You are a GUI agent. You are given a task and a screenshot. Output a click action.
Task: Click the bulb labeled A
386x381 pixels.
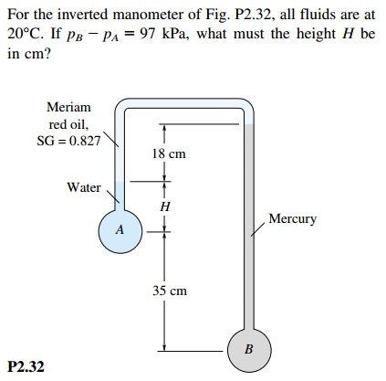[120, 230]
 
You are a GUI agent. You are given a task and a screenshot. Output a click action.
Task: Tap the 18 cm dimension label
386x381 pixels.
[169, 153]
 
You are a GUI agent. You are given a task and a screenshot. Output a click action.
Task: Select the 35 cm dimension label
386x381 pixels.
[169, 291]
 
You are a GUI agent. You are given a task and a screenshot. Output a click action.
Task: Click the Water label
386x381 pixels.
[84, 187]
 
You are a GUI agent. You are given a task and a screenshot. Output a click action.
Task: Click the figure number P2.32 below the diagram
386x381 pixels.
[25, 366]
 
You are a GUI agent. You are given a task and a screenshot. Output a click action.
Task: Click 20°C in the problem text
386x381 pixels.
[24, 33]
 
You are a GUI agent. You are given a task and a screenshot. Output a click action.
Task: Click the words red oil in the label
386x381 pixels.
[68, 123]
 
